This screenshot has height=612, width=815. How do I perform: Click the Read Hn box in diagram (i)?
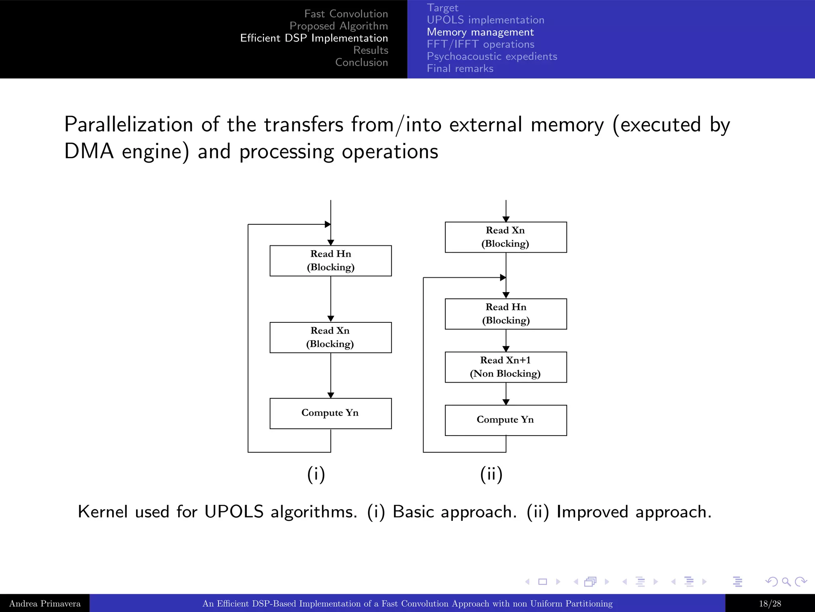pyautogui.click(x=330, y=261)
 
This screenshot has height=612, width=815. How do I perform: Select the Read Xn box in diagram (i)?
pyautogui.click(x=330, y=337)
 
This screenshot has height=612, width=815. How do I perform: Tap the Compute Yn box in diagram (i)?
pyautogui.click(x=330, y=413)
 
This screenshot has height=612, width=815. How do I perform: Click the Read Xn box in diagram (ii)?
pyautogui.click(x=505, y=237)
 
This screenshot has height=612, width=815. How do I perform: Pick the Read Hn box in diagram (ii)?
pyautogui.click(x=505, y=314)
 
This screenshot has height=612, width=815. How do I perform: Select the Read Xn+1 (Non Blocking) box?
pyautogui.click(x=505, y=367)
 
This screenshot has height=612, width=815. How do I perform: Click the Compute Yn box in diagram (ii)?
pyautogui.click(x=505, y=420)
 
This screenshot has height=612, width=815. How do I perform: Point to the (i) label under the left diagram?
pyautogui.click(x=316, y=474)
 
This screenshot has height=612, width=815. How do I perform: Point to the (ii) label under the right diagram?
pyautogui.click(x=491, y=474)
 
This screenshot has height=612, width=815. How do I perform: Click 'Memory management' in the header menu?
pyautogui.click(x=480, y=32)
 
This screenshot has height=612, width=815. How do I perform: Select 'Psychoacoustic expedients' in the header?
pyautogui.click(x=492, y=57)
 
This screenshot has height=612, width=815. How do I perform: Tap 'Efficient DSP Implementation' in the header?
pyautogui.click(x=314, y=38)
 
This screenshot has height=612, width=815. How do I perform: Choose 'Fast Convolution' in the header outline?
pyautogui.click(x=346, y=14)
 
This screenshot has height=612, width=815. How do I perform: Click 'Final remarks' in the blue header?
pyautogui.click(x=460, y=69)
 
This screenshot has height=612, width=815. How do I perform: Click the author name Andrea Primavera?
pyautogui.click(x=45, y=604)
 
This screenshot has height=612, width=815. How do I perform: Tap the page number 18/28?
pyautogui.click(x=770, y=604)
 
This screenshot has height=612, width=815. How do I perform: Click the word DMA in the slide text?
pyautogui.click(x=89, y=152)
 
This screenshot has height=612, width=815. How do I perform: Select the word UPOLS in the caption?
pyautogui.click(x=234, y=512)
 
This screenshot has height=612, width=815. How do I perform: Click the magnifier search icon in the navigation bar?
pyautogui.click(x=786, y=582)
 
